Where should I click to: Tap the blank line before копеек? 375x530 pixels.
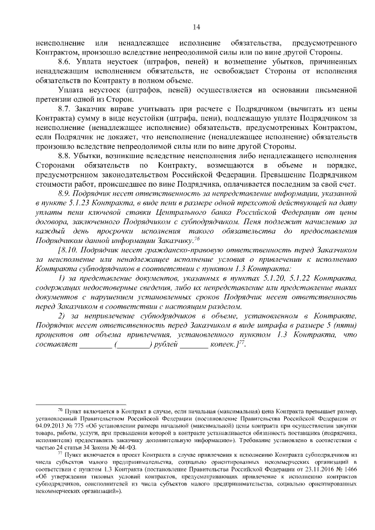pyautogui.click(x=194, y=345)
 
